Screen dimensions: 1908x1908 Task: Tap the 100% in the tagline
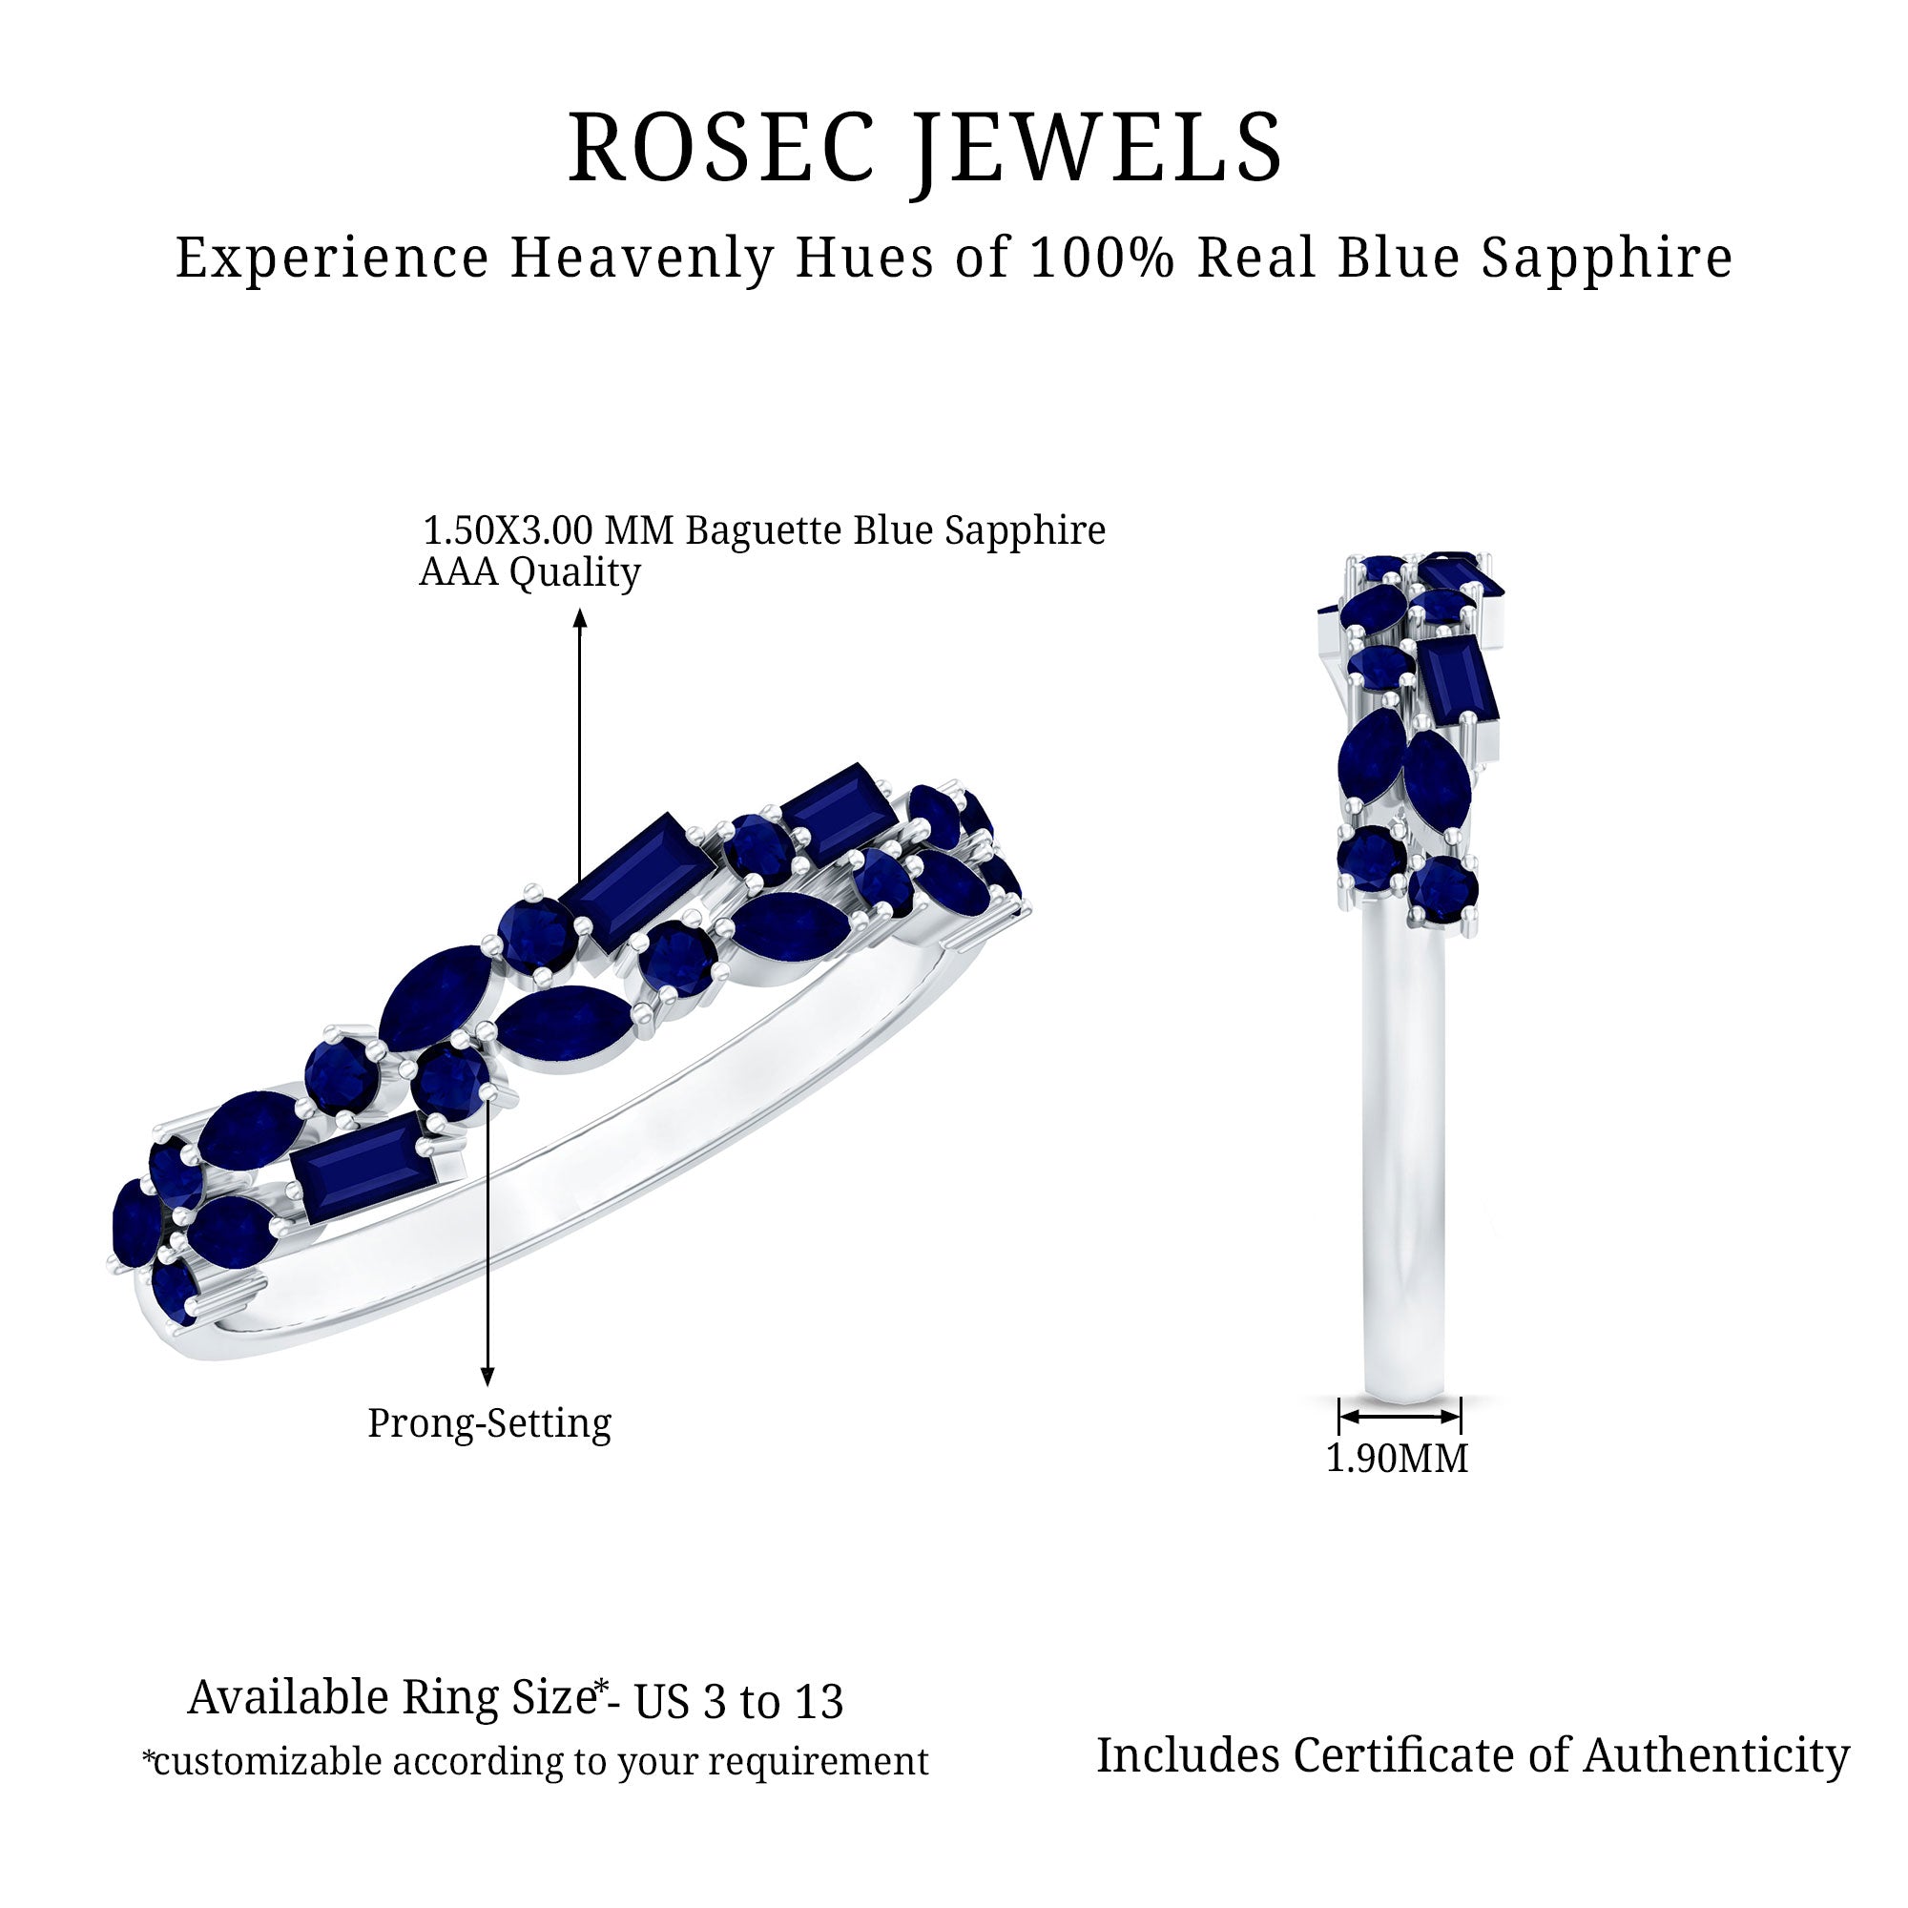pos(1101,258)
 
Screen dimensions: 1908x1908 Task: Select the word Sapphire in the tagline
pos(1607,259)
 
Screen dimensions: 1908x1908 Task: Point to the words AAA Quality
pos(529,572)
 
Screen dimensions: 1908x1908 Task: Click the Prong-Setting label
pos(488,1424)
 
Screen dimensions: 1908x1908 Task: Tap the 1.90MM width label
pos(1397,1459)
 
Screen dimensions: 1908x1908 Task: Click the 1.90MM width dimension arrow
pos(1400,1416)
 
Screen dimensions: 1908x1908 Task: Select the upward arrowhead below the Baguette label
pos(581,618)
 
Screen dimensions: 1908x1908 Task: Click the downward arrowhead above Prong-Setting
pos(487,1377)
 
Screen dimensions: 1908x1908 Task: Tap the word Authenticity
pos(1716,1756)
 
